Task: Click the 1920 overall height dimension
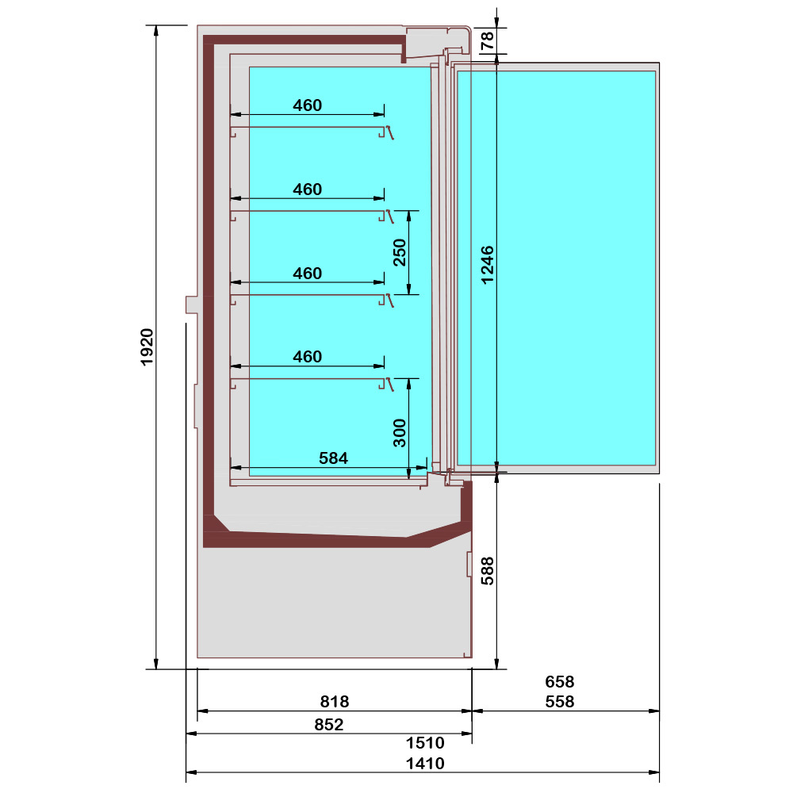coord(146,347)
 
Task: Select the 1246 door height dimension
coord(487,264)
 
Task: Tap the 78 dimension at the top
coord(487,41)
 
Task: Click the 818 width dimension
coord(334,701)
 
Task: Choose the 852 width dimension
coord(328,724)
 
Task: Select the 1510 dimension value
coord(425,743)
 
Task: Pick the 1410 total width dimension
coord(425,764)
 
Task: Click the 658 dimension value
coord(559,681)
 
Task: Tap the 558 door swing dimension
coord(559,701)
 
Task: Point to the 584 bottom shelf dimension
coord(333,458)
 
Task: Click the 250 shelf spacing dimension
coord(400,252)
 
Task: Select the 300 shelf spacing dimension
coord(400,432)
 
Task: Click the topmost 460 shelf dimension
coord(307,105)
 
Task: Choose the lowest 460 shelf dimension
coord(307,357)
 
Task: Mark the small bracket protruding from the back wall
coord(191,305)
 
